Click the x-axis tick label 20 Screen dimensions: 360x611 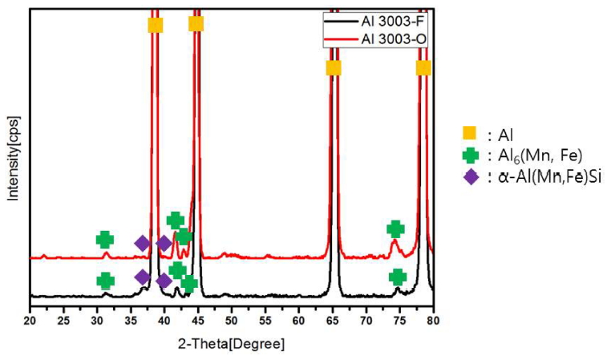click(x=30, y=322)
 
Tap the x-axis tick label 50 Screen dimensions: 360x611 click(x=232, y=322)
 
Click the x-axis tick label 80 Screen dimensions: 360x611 click(x=433, y=322)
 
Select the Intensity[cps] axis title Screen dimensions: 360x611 click(x=11, y=160)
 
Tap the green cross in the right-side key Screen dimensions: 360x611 click(x=469, y=156)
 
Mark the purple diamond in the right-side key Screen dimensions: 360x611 click(x=469, y=176)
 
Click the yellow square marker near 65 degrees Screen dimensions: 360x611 click(x=334, y=67)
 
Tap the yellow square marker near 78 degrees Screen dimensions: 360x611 click(x=423, y=67)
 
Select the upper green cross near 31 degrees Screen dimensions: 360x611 click(x=105, y=240)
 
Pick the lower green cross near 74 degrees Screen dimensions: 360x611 click(x=397, y=277)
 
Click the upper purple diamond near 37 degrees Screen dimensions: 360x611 click(x=142, y=243)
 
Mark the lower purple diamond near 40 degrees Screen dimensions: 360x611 click(x=164, y=281)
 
